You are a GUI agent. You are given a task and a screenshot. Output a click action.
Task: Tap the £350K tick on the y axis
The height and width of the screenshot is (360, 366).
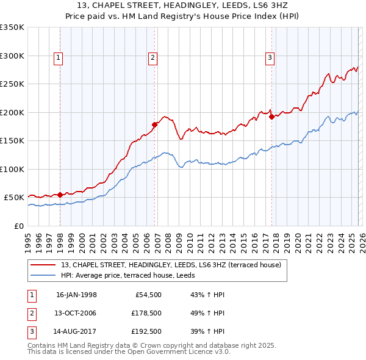click(x=12, y=27)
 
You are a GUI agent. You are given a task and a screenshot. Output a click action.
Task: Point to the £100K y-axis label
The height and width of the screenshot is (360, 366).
click(x=12, y=169)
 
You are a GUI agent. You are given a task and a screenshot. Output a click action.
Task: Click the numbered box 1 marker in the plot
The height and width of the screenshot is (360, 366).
click(x=59, y=58)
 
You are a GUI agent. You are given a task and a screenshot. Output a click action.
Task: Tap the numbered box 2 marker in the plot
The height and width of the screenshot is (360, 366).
click(x=152, y=58)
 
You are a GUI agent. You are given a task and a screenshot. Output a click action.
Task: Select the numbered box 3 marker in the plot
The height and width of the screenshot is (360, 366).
click(x=270, y=58)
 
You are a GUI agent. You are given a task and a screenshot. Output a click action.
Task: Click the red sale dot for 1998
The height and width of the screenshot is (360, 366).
click(x=60, y=195)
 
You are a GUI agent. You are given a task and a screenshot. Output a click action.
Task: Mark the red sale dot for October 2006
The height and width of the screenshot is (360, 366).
click(x=154, y=124)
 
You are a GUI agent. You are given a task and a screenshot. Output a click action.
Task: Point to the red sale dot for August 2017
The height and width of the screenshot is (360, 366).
click(x=271, y=117)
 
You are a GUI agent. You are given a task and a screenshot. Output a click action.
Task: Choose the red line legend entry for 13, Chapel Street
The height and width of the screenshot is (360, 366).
click(x=171, y=265)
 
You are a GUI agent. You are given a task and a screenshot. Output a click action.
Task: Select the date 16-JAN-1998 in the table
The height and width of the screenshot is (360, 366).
click(x=76, y=295)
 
